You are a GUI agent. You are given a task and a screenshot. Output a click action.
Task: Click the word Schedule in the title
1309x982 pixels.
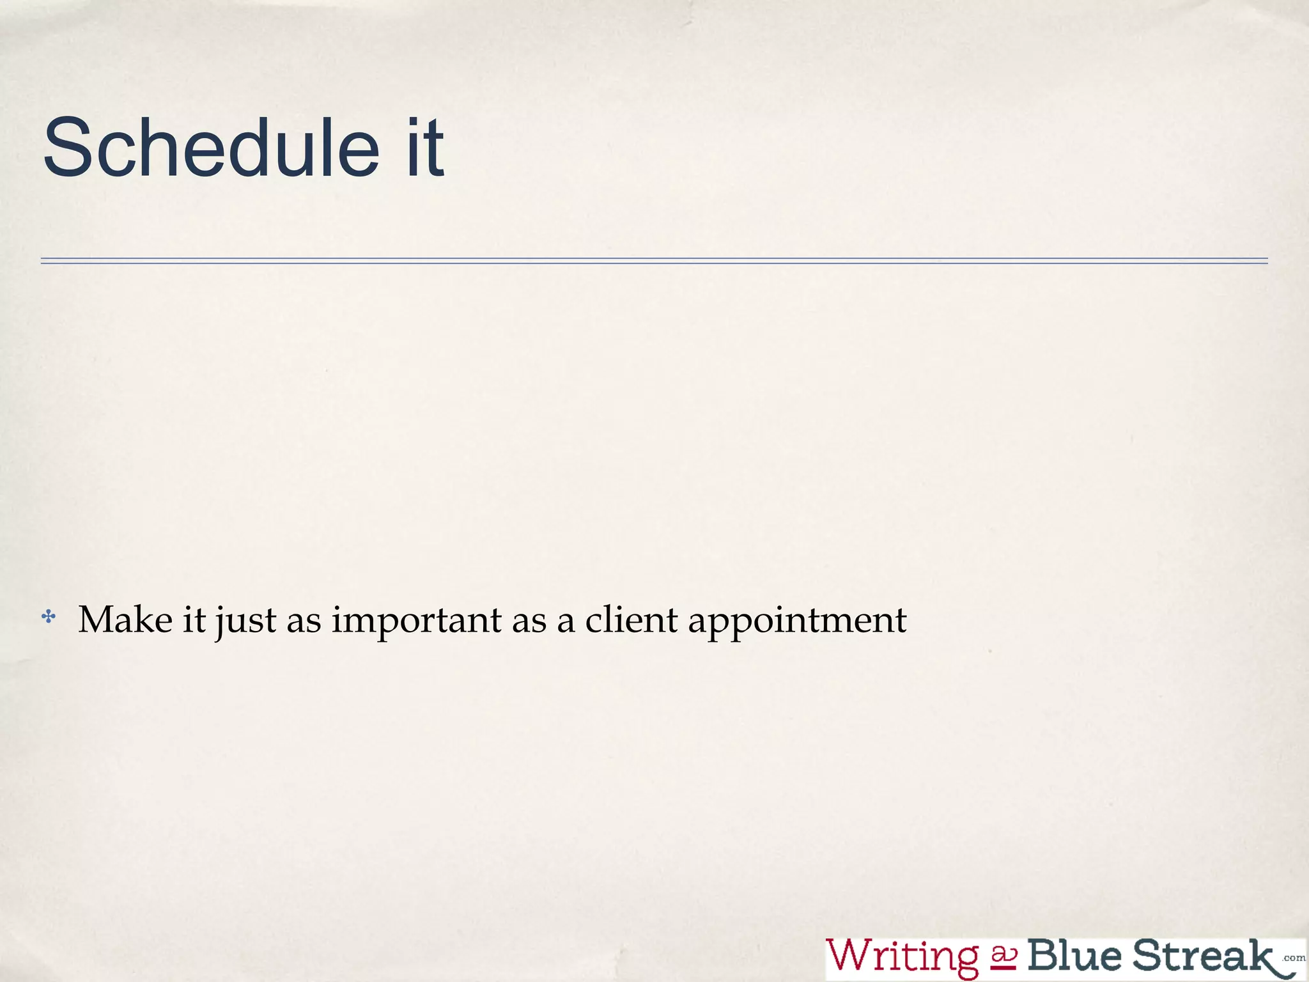click(x=211, y=148)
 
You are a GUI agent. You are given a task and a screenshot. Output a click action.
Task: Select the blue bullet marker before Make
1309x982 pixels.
click(x=49, y=618)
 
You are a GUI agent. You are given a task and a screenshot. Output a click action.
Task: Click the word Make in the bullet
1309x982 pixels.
click(x=125, y=620)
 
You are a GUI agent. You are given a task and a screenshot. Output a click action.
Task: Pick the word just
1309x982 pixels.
click(x=245, y=621)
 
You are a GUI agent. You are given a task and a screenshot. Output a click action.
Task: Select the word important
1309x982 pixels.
click(x=417, y=621)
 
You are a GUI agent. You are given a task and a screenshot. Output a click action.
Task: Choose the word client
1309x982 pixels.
click(x=631, y=620)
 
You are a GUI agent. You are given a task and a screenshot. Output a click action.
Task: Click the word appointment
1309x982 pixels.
click(x=797, y=621)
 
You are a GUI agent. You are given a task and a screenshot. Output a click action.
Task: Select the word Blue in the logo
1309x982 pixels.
click(x=1074, y=955)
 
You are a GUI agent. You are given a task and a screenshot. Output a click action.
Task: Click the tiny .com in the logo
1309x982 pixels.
click(x=1294, y=958)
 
